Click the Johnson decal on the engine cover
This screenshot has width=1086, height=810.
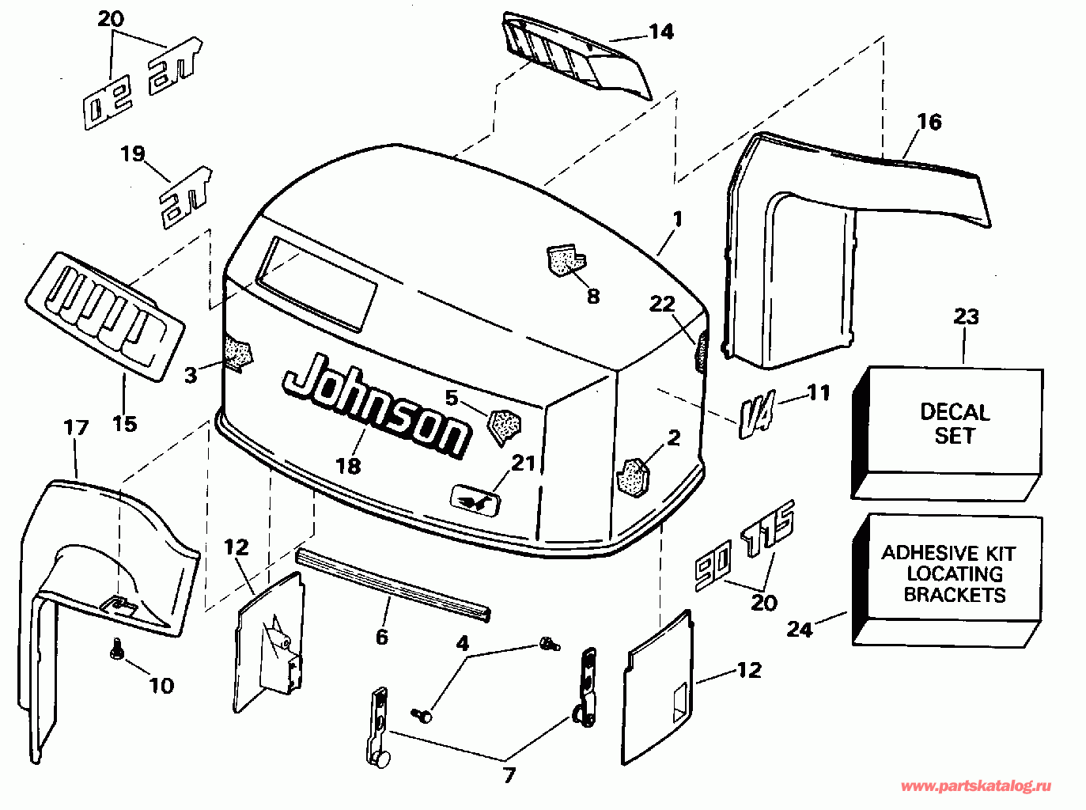pyautogui.click(x=376, y=406)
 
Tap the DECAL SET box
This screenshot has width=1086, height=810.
pyautogui.click(x=947, y=433)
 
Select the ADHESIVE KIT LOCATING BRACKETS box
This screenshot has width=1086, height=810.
pyautogui.click(x=947, y=580)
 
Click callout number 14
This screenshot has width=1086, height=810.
pyautogui.click(x=661, y=32)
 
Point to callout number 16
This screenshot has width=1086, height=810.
pyautogui.click(x=929, y=122)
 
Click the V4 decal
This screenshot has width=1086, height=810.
pyautogui.click(x=757, y=414)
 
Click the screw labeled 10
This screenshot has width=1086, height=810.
pyautogui.click(x=115, y=647)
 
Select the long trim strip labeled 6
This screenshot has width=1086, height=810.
pyautogui.click(x=393, y=585)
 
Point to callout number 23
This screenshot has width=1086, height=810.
pyautogui.click(x=966, y=316)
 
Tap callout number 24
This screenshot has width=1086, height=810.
pyautogui.click(x=800, y=630)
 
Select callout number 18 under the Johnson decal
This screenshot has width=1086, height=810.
pyautogui.click(x=348, y=466)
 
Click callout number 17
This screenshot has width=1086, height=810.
pyautogui.click(x=76, y=427)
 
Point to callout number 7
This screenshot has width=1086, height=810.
pyautogui.click(x=509, y=775)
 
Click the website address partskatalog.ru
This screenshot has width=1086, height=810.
pyautogui.click(x=976, y=786)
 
